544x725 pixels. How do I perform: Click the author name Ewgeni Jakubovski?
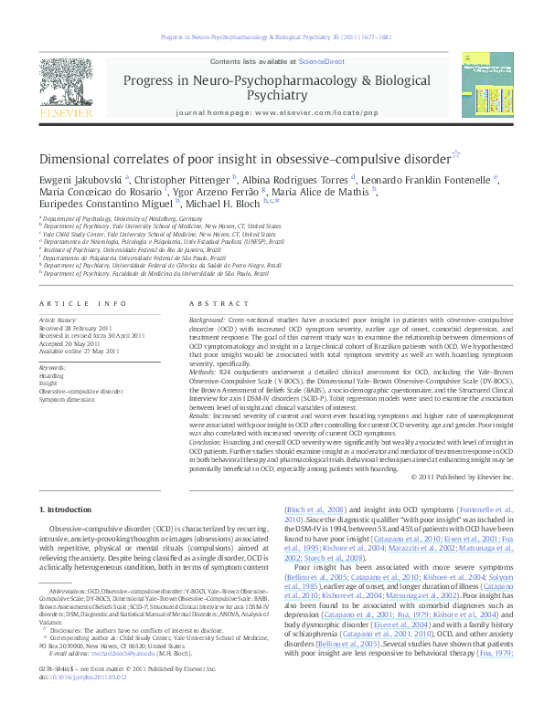(x=81, y=179)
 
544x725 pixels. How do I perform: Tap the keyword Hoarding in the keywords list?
(x=52, y=375)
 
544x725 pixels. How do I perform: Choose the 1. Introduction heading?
(x=67, y=508)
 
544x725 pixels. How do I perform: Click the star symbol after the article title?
(x=456, y=155)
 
